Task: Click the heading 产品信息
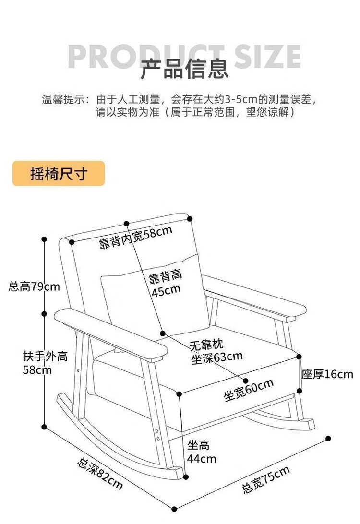point(184,69)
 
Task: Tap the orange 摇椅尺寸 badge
point(59,174)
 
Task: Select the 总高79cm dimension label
point(34,287)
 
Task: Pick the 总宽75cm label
point(266,479)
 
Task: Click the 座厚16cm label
point(327,374)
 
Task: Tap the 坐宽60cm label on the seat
point(249,389)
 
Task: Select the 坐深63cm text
point(216,357)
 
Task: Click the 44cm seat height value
point(202,459)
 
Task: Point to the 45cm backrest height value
point(166,289)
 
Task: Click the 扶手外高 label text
point(45,357)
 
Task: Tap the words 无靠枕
point(206,345)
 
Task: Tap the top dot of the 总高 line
point(44,238)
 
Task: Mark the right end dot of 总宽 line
point(328,438)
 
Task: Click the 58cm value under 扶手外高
point(37,370)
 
